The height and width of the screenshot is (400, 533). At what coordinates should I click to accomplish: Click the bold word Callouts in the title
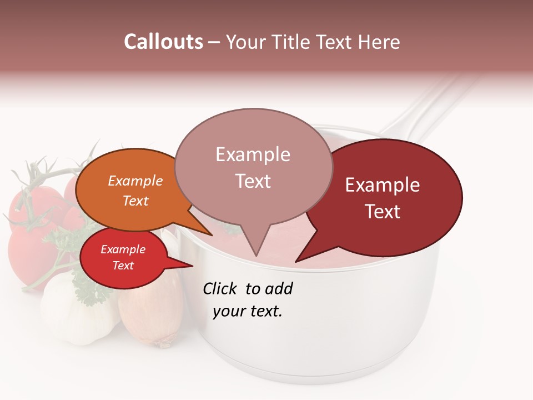click(163, 42)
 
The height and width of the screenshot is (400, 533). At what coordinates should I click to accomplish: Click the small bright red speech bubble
click(123, 258)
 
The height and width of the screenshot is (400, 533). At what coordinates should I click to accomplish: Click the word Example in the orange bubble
click(135, 181)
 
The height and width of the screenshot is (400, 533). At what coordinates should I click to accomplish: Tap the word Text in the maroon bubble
click(383, 212)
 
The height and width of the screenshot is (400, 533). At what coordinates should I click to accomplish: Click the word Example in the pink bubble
click(253, 154)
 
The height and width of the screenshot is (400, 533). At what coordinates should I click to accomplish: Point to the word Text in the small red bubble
click(123, 266)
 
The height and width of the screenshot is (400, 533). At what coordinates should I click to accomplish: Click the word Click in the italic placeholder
click(221, 288)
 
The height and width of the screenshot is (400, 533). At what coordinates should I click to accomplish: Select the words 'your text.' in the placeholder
click(248, 311)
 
